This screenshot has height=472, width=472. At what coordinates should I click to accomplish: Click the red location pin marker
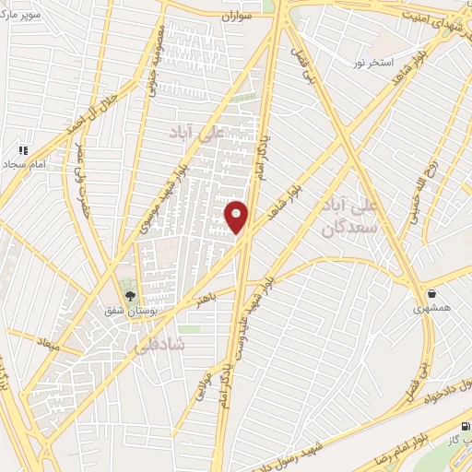click(237, 216)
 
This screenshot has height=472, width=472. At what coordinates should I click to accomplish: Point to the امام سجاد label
click(24, 163)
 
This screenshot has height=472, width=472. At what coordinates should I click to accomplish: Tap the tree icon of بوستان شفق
click(129, 298)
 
